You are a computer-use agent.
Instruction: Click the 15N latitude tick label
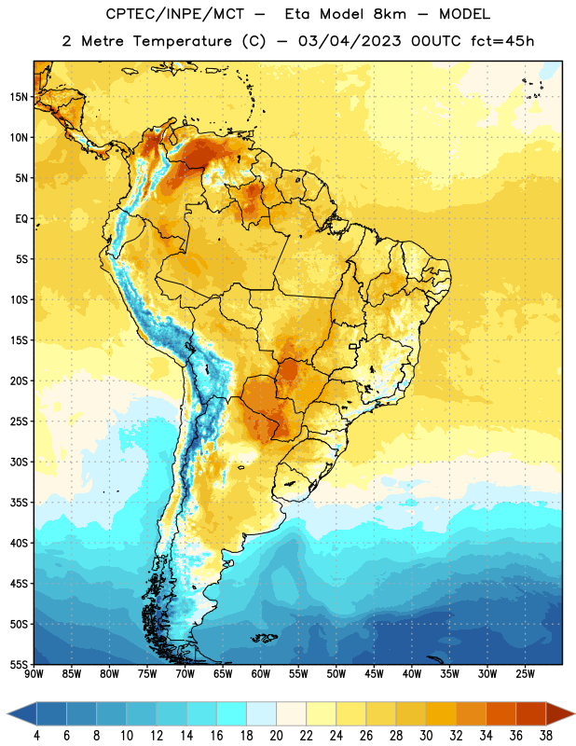(19, 97)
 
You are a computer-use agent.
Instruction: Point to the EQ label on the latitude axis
(21, 219)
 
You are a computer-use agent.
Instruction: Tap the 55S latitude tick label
(19, 665)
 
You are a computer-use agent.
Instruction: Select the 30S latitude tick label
(19, 462)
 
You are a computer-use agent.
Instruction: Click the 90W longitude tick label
(34, 674)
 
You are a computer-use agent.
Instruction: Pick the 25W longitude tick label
(525, 674)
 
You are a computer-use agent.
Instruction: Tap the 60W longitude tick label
(261, 674)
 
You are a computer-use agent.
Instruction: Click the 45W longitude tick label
(375, 674)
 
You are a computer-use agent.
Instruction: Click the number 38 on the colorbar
(546, 736)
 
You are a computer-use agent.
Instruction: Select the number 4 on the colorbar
(36, 736)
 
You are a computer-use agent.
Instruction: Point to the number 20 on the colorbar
(276, 736)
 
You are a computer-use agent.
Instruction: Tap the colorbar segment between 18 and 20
(262, 713)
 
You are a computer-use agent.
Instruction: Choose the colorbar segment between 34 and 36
(501, 713)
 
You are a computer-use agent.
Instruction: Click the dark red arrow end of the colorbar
(559, 713)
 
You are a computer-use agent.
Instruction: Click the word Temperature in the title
(182, 41)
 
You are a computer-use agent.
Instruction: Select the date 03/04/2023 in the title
(350, 41)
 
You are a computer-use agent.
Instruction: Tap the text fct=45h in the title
(502, 41)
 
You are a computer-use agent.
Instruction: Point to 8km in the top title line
(390, 14)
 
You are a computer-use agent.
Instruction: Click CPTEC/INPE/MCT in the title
(174, 15)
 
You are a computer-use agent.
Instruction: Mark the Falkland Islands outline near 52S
(264, 638)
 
